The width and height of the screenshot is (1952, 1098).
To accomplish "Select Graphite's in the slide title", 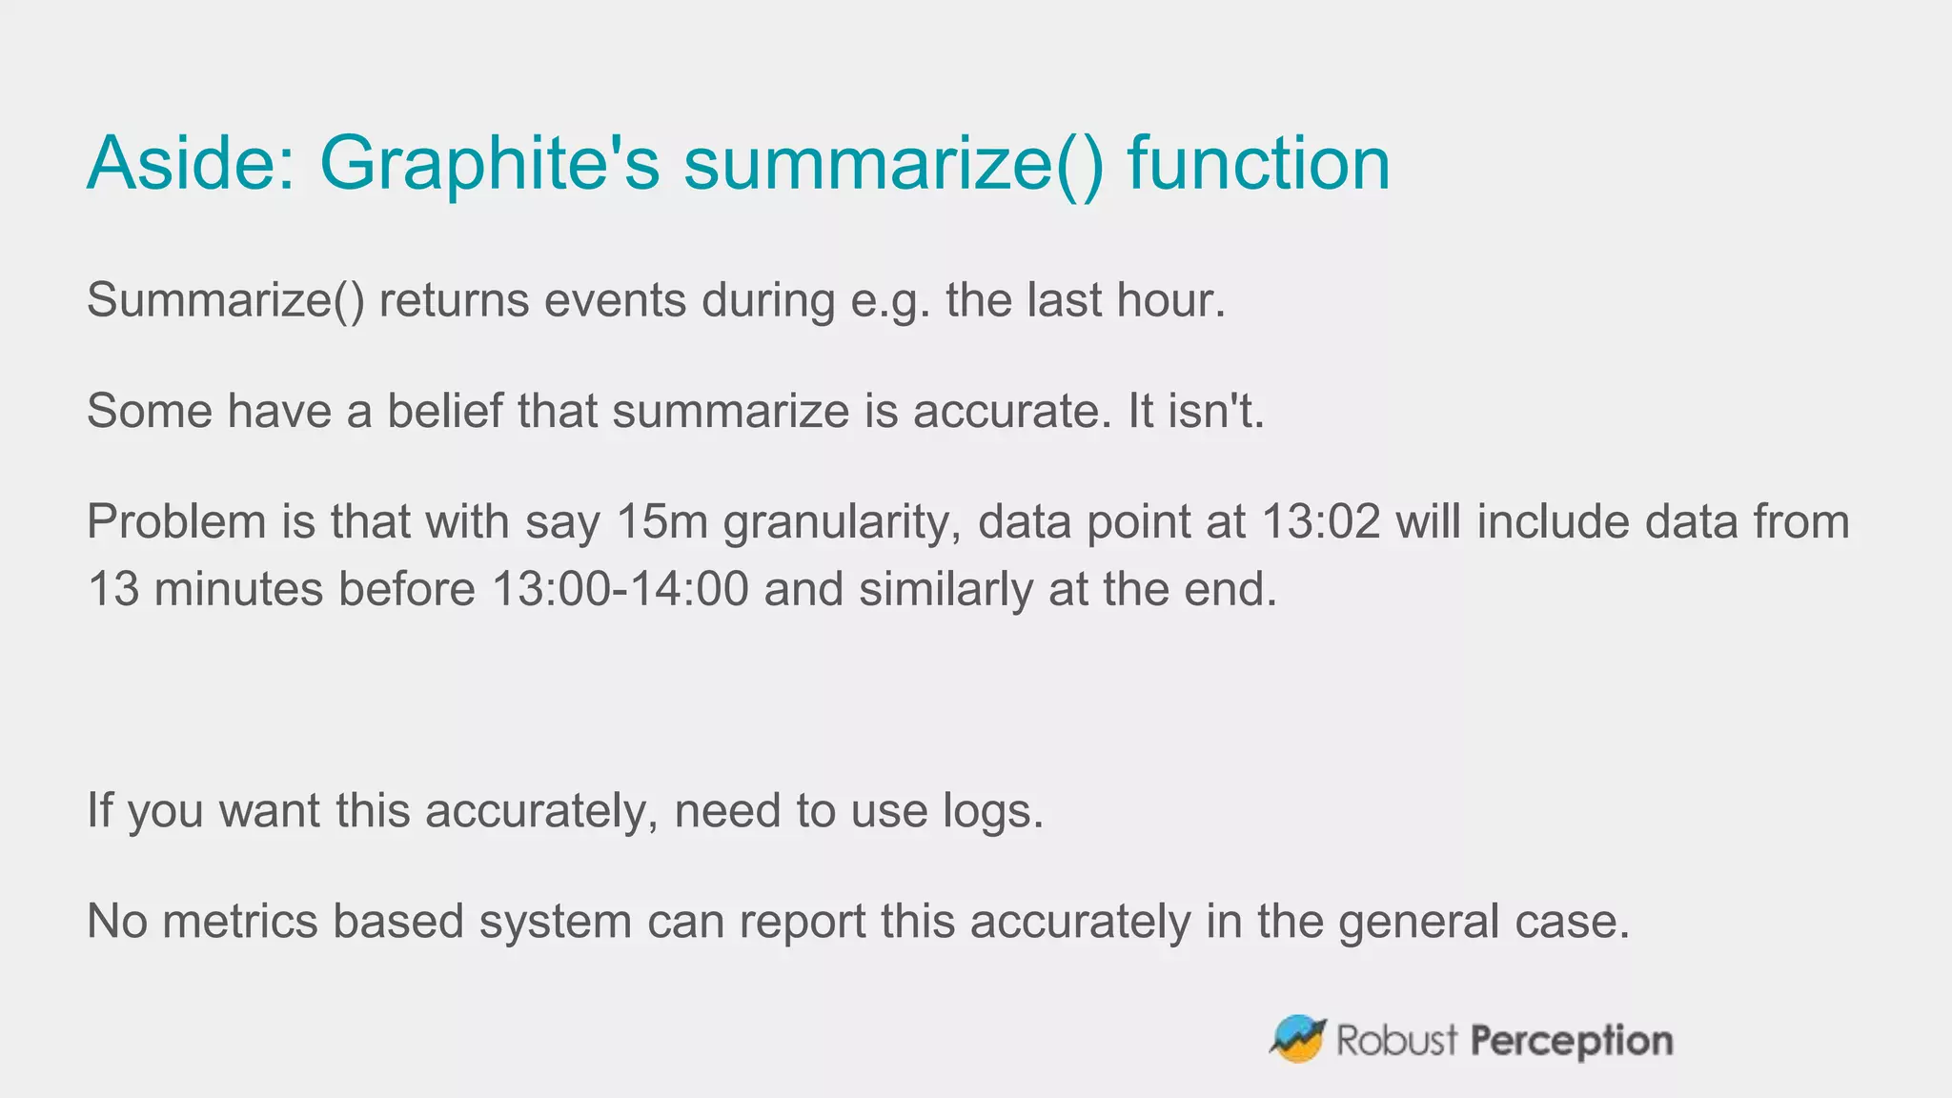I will click(489, 164).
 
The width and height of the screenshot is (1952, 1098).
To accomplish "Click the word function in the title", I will click(1259, 164).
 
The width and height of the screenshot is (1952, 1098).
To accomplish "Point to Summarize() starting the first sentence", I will click(226, 301).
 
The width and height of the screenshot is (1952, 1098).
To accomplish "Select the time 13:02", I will click(1320, 522).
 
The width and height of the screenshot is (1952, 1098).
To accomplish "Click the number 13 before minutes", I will click(112, 589).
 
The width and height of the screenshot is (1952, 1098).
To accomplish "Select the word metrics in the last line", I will click(240, 922).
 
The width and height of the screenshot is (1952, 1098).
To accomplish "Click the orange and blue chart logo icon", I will click(1298, 1039).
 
